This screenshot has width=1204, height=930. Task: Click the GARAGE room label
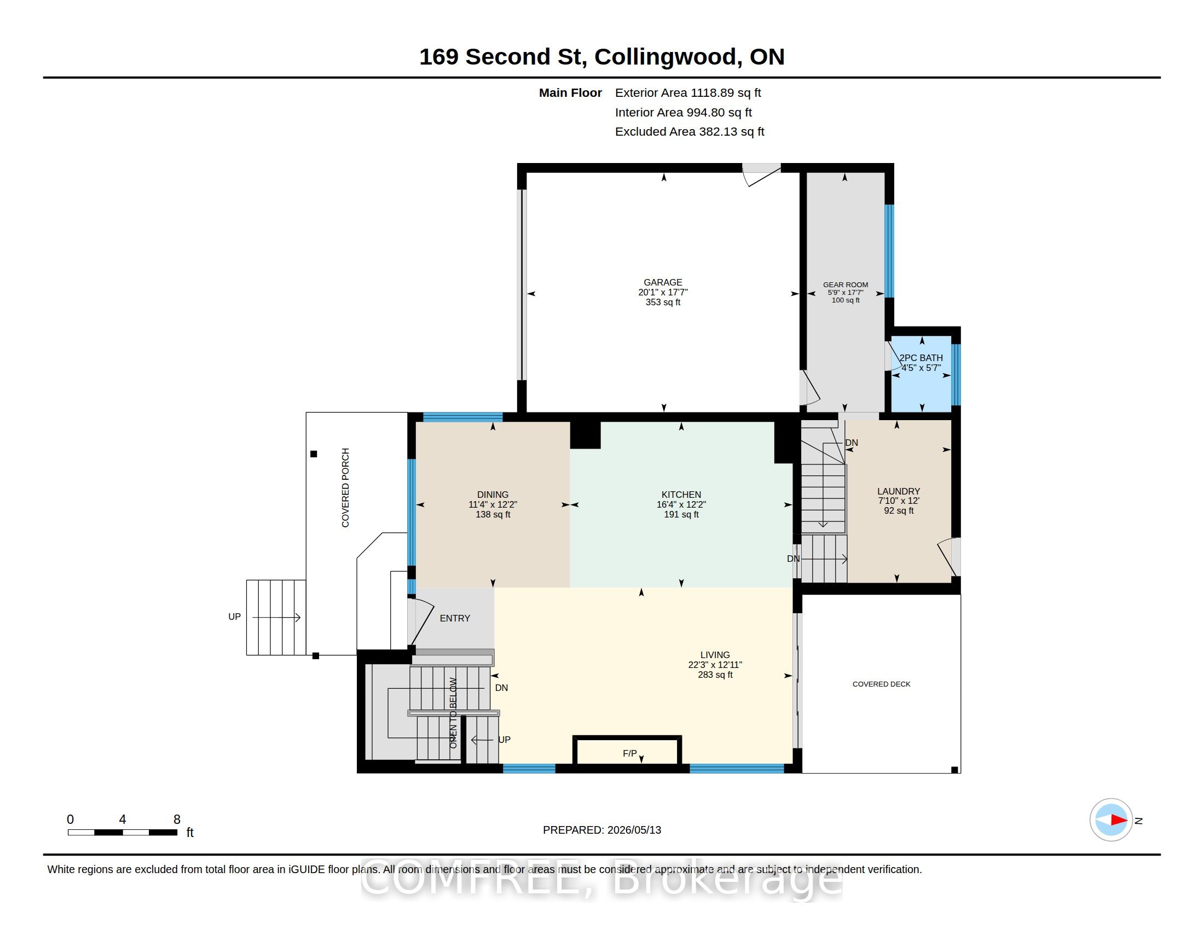(663, 282)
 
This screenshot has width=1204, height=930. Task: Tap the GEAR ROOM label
(845, 285)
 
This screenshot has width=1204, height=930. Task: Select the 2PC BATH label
(921, 358)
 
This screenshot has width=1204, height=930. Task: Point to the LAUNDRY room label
(899, 491)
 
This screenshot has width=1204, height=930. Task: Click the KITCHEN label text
(681, 495)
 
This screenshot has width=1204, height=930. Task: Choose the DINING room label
(493, 495)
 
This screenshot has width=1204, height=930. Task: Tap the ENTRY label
(455, 618)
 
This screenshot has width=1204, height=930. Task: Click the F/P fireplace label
(629, 753)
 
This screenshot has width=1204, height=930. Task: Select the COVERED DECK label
(882, 684)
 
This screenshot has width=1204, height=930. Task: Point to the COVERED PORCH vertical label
(346, 487)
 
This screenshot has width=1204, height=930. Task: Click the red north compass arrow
(1119, 820)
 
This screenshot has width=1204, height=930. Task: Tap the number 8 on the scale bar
(177, 819)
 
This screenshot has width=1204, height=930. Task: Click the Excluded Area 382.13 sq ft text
(690, 132)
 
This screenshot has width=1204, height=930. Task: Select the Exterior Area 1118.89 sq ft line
(688, 93)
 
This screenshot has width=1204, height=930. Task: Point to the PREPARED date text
(602, 830)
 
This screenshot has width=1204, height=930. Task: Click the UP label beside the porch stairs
(234, 617)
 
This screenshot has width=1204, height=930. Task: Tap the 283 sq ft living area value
(715, 675)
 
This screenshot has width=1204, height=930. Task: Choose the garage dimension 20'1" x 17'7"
(663, 293)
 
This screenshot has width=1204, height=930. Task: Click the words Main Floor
(571, 93)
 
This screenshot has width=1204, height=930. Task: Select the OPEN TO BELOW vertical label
(453, 713)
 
